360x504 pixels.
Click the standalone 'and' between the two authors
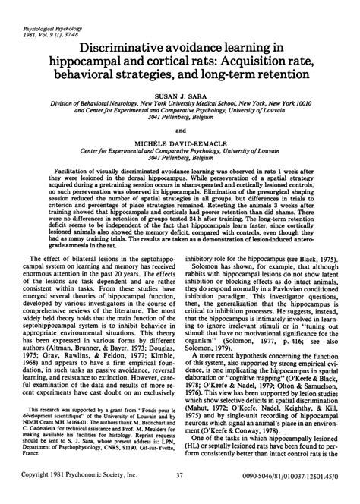point(180,129)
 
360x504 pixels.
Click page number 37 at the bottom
point(179,494)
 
